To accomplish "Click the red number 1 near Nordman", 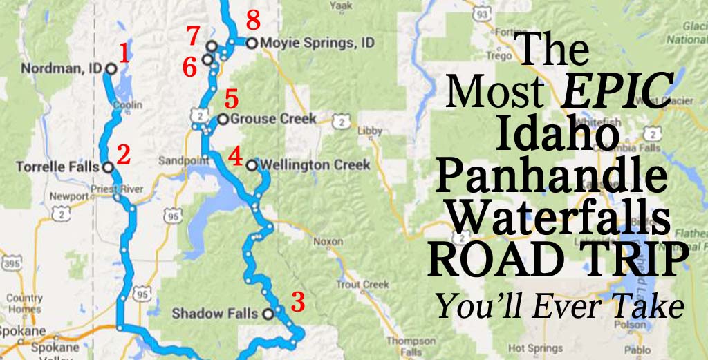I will (x=124, y=53).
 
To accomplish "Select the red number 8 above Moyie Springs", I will (x=253, y=21).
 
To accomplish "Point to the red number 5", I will (x=231, y=99).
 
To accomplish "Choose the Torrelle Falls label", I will (x=58, y=167).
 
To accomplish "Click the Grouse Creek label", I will (x=272, y=119).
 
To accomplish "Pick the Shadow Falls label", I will (x=216, y=314).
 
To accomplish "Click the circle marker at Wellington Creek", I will (x=251, y=165).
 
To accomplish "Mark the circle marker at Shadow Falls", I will (x=268, y=314).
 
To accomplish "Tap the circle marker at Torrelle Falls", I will (x=108, y=167).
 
